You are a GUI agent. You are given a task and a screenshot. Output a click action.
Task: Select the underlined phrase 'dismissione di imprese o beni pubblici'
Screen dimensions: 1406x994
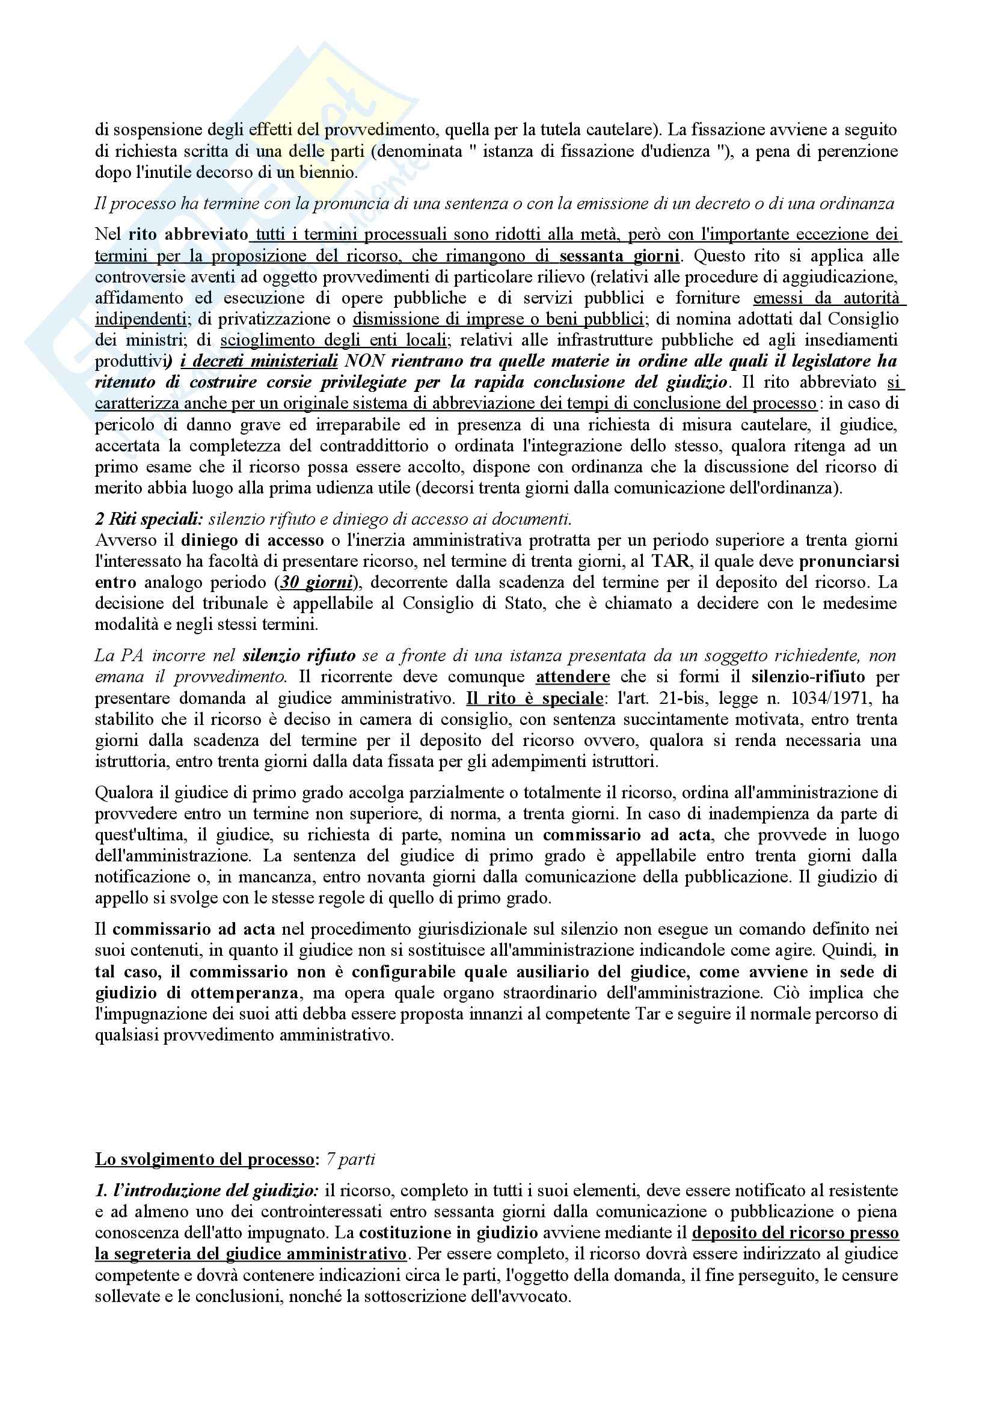(498, 319)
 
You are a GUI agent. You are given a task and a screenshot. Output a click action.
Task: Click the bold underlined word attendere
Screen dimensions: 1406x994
(572, 677)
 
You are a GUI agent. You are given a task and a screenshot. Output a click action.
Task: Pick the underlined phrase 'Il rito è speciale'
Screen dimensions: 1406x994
(535, 698)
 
